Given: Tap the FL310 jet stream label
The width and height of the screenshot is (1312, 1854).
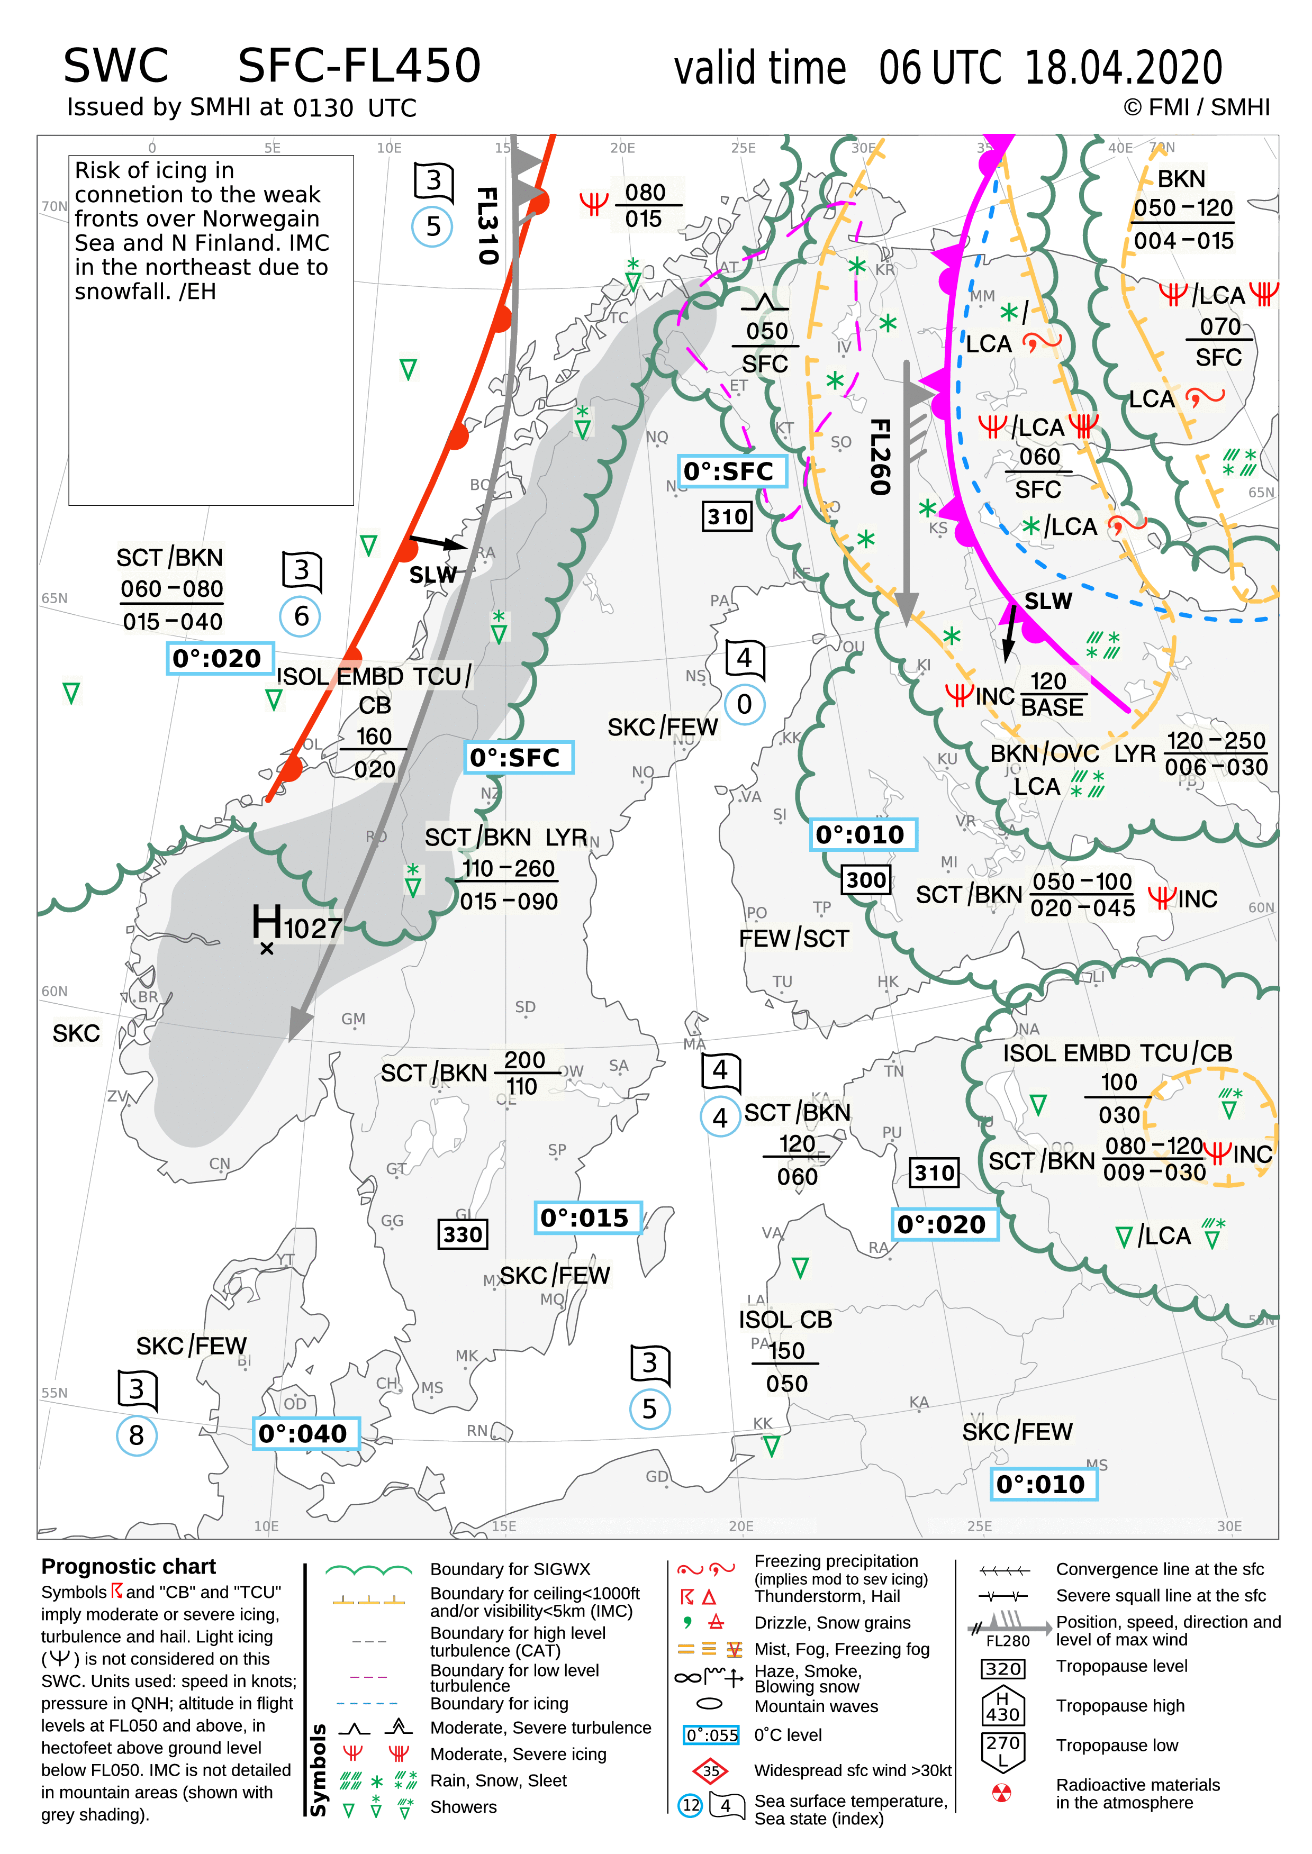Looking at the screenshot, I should [487, 225].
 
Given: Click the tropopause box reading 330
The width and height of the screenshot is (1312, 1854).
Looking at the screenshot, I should [462, 1234].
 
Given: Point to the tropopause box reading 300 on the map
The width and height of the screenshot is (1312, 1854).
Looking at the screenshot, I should [866, 879].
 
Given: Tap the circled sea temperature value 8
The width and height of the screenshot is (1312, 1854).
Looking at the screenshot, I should [137, 1435].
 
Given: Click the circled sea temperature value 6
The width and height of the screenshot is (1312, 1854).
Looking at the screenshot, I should [301, 617].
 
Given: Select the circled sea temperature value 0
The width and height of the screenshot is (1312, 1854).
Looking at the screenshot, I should [744, 705].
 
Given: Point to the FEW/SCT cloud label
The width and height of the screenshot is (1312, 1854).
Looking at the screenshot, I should [793, 938].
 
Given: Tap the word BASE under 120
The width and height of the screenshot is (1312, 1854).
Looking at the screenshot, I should [1052, 708].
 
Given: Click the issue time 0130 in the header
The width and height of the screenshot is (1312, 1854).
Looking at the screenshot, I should [323, 108].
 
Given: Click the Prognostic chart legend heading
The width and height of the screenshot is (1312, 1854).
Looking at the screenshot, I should [129, 1567].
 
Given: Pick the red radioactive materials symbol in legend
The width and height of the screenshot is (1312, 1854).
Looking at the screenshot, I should [1001, 1794].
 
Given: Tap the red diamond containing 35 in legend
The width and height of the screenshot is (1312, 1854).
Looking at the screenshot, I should [710, 1771].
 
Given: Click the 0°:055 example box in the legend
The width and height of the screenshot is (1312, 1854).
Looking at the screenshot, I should [711, 1735].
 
